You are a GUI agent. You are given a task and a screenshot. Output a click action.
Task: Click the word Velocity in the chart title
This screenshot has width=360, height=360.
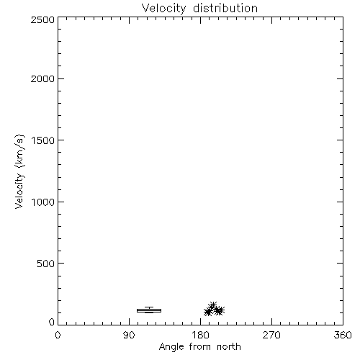pos(164,9)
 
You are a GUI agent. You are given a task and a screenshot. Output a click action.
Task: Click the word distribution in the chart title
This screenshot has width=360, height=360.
pos(225,8)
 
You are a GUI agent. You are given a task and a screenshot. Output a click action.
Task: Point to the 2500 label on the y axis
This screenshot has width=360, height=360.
pos(42,19)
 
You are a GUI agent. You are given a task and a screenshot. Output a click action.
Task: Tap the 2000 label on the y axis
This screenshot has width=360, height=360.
pos(42,78)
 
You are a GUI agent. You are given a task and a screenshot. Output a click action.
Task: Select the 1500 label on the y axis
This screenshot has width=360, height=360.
pos(43,140)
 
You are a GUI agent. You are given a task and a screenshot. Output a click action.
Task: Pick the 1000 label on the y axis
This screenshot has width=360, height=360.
pos(43,202)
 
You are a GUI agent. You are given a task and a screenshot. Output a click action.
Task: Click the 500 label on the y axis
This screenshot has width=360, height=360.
pos(46,264)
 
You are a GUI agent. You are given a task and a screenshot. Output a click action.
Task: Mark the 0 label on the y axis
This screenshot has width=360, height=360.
pos(52,322)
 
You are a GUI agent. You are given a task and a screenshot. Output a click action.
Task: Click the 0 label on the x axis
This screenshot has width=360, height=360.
pos(58,335)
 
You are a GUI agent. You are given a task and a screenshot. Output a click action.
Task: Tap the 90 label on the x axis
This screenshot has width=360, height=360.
pos(129,335)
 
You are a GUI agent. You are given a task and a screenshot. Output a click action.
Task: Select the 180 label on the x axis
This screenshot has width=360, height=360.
pos(200,335)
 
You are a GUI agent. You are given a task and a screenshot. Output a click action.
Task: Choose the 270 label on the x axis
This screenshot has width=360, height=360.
pos(271,335)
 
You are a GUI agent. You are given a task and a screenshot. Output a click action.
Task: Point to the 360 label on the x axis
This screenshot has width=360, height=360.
pos(343,335)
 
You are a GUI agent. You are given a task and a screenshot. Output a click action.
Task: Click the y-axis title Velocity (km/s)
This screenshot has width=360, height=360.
pos(19,171)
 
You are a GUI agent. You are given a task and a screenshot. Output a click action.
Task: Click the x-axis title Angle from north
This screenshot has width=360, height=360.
pos(200,347)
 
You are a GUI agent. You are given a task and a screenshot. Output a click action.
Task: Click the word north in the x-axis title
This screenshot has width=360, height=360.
pos(229,346)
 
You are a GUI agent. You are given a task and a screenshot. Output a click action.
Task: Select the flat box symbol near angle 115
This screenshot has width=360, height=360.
pos(149,310)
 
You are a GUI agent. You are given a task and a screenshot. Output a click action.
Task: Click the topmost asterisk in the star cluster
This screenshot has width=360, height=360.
pos(213,305)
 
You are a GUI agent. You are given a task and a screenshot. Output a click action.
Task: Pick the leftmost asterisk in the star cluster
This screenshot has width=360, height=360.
pos(207,312)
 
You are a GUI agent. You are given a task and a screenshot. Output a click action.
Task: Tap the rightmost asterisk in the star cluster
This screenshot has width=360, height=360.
pos(221,310)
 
